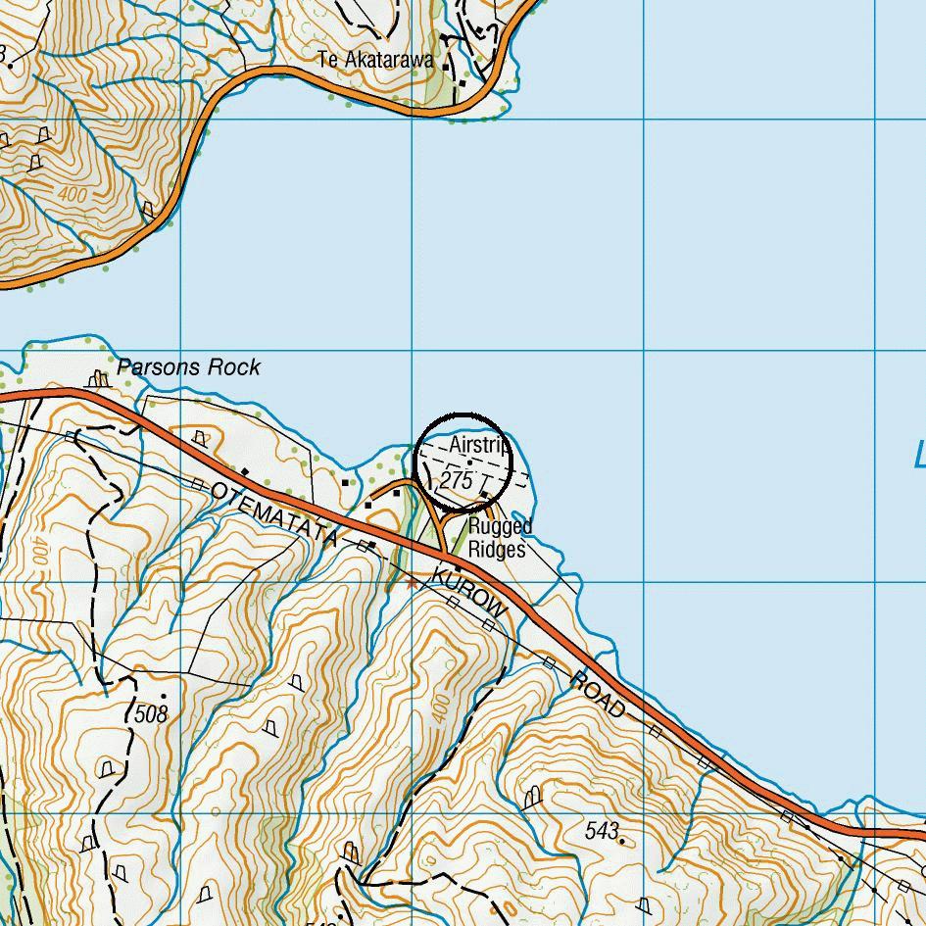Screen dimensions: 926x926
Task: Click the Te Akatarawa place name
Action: [375, 60]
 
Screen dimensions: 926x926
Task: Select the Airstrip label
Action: [479, 446]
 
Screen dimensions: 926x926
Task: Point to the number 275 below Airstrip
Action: [457, 481]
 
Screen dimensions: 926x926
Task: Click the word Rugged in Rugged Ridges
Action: [500, 527]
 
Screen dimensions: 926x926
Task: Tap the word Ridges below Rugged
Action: [497, 550]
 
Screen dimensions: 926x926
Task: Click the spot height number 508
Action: [151, 714]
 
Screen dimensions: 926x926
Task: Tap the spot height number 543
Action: [601, 831]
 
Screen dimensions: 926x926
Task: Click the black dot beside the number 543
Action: [622, 839]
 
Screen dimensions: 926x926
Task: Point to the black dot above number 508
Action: [163, 697]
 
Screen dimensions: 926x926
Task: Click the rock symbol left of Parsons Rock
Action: [97, 377]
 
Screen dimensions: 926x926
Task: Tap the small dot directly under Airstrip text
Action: [469, 463]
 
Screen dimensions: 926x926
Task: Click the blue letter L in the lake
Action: [919, 456]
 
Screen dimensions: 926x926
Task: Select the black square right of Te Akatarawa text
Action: [447, 67]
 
